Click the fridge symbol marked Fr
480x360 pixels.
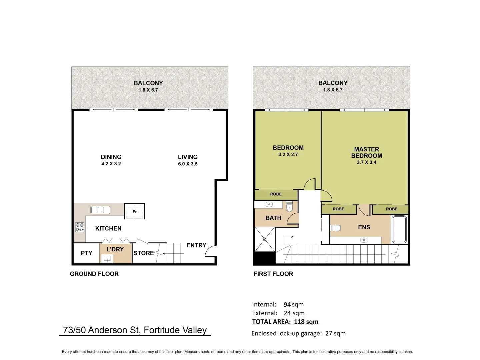pos(135,212)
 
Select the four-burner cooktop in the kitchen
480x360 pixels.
pos(80,227)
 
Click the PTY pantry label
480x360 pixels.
pos(86,253)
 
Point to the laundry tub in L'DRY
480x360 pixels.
pos(107,258)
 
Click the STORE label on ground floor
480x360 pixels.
pos(144,253)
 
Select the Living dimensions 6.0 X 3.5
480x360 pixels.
pos(188,164)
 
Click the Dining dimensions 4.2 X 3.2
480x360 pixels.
pos(111,164)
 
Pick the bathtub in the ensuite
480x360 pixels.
pos(399,229)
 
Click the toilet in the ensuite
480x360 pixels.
pos(336,228)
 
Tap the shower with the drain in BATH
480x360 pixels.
pos(265,239)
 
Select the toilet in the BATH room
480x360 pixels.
pos(289,207)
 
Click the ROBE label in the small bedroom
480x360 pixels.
pos(276,194)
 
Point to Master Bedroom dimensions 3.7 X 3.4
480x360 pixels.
pos(366,163)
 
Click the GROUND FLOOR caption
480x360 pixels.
pos(94,274)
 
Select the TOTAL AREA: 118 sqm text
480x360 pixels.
pos(285,322)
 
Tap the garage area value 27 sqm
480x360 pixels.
pos(335,333)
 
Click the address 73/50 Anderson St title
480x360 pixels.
pos(135,330)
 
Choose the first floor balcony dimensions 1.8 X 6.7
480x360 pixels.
pos(333,90)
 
